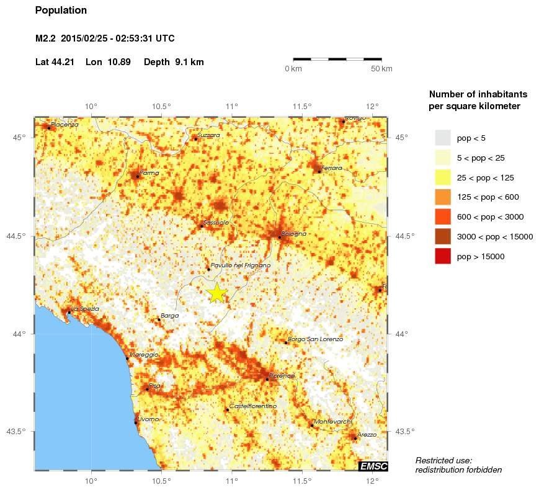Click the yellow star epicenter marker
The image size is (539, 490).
217,293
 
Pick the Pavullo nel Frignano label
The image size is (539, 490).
241,265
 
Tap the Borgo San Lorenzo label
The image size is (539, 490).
316,339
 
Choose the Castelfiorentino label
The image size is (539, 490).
253,406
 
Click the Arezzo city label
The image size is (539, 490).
367,435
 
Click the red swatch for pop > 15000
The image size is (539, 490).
443,256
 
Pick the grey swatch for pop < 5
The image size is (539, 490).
443,138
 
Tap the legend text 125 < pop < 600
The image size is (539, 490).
488,197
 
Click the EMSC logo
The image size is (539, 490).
374,466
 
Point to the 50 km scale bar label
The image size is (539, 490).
381,68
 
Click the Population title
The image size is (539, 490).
61,11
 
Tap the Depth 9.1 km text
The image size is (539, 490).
174,62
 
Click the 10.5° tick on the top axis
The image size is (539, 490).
162,105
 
